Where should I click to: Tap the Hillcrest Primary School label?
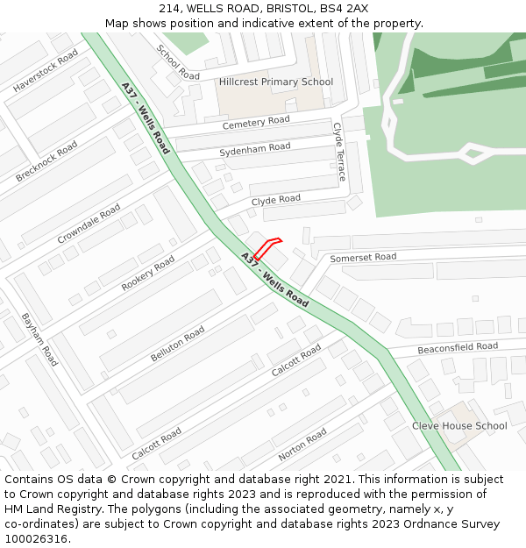coord(276,82)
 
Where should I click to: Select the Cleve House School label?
coord(459,426)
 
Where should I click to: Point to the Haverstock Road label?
coord(46,71)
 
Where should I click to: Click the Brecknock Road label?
coord(46,161)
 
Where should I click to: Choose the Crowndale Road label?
coord(89,224)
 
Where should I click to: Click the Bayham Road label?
coord(39,339)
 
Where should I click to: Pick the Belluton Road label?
coord(178,344)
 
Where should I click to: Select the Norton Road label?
coord(302,445)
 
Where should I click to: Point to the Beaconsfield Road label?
coord(458,347)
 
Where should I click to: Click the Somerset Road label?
coord(363,258)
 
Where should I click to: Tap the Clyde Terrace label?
coord(339,152)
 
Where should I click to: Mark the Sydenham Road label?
coord(255,149)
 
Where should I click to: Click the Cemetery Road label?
coord(256,123)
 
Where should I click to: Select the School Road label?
coord(178,62)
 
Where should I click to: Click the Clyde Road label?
coord(276,200)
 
